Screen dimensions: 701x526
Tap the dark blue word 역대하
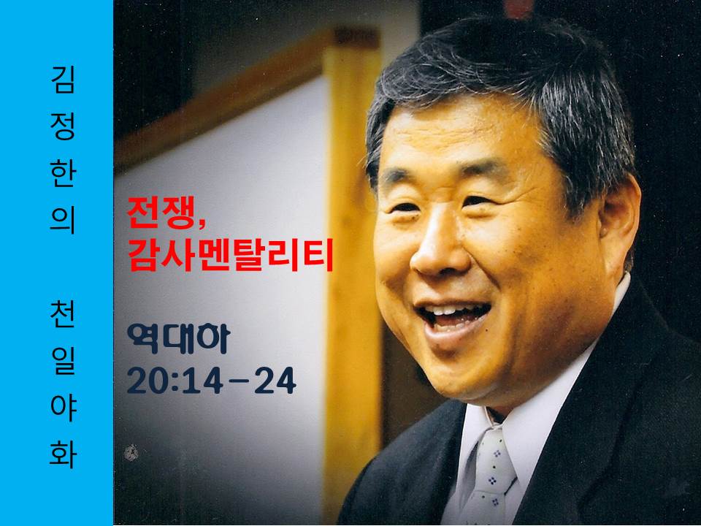tap(178, 338)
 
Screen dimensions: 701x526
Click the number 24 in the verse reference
tap(275, 381)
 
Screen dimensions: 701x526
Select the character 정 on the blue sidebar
tap(63, 126)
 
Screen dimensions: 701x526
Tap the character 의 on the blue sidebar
tap(63, 221)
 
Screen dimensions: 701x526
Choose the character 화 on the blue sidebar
tap(63, 455)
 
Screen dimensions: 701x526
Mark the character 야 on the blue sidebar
tap(63, 408)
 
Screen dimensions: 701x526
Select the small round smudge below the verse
tap(131, 453)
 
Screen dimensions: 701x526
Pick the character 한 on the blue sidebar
tap(63, 174)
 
